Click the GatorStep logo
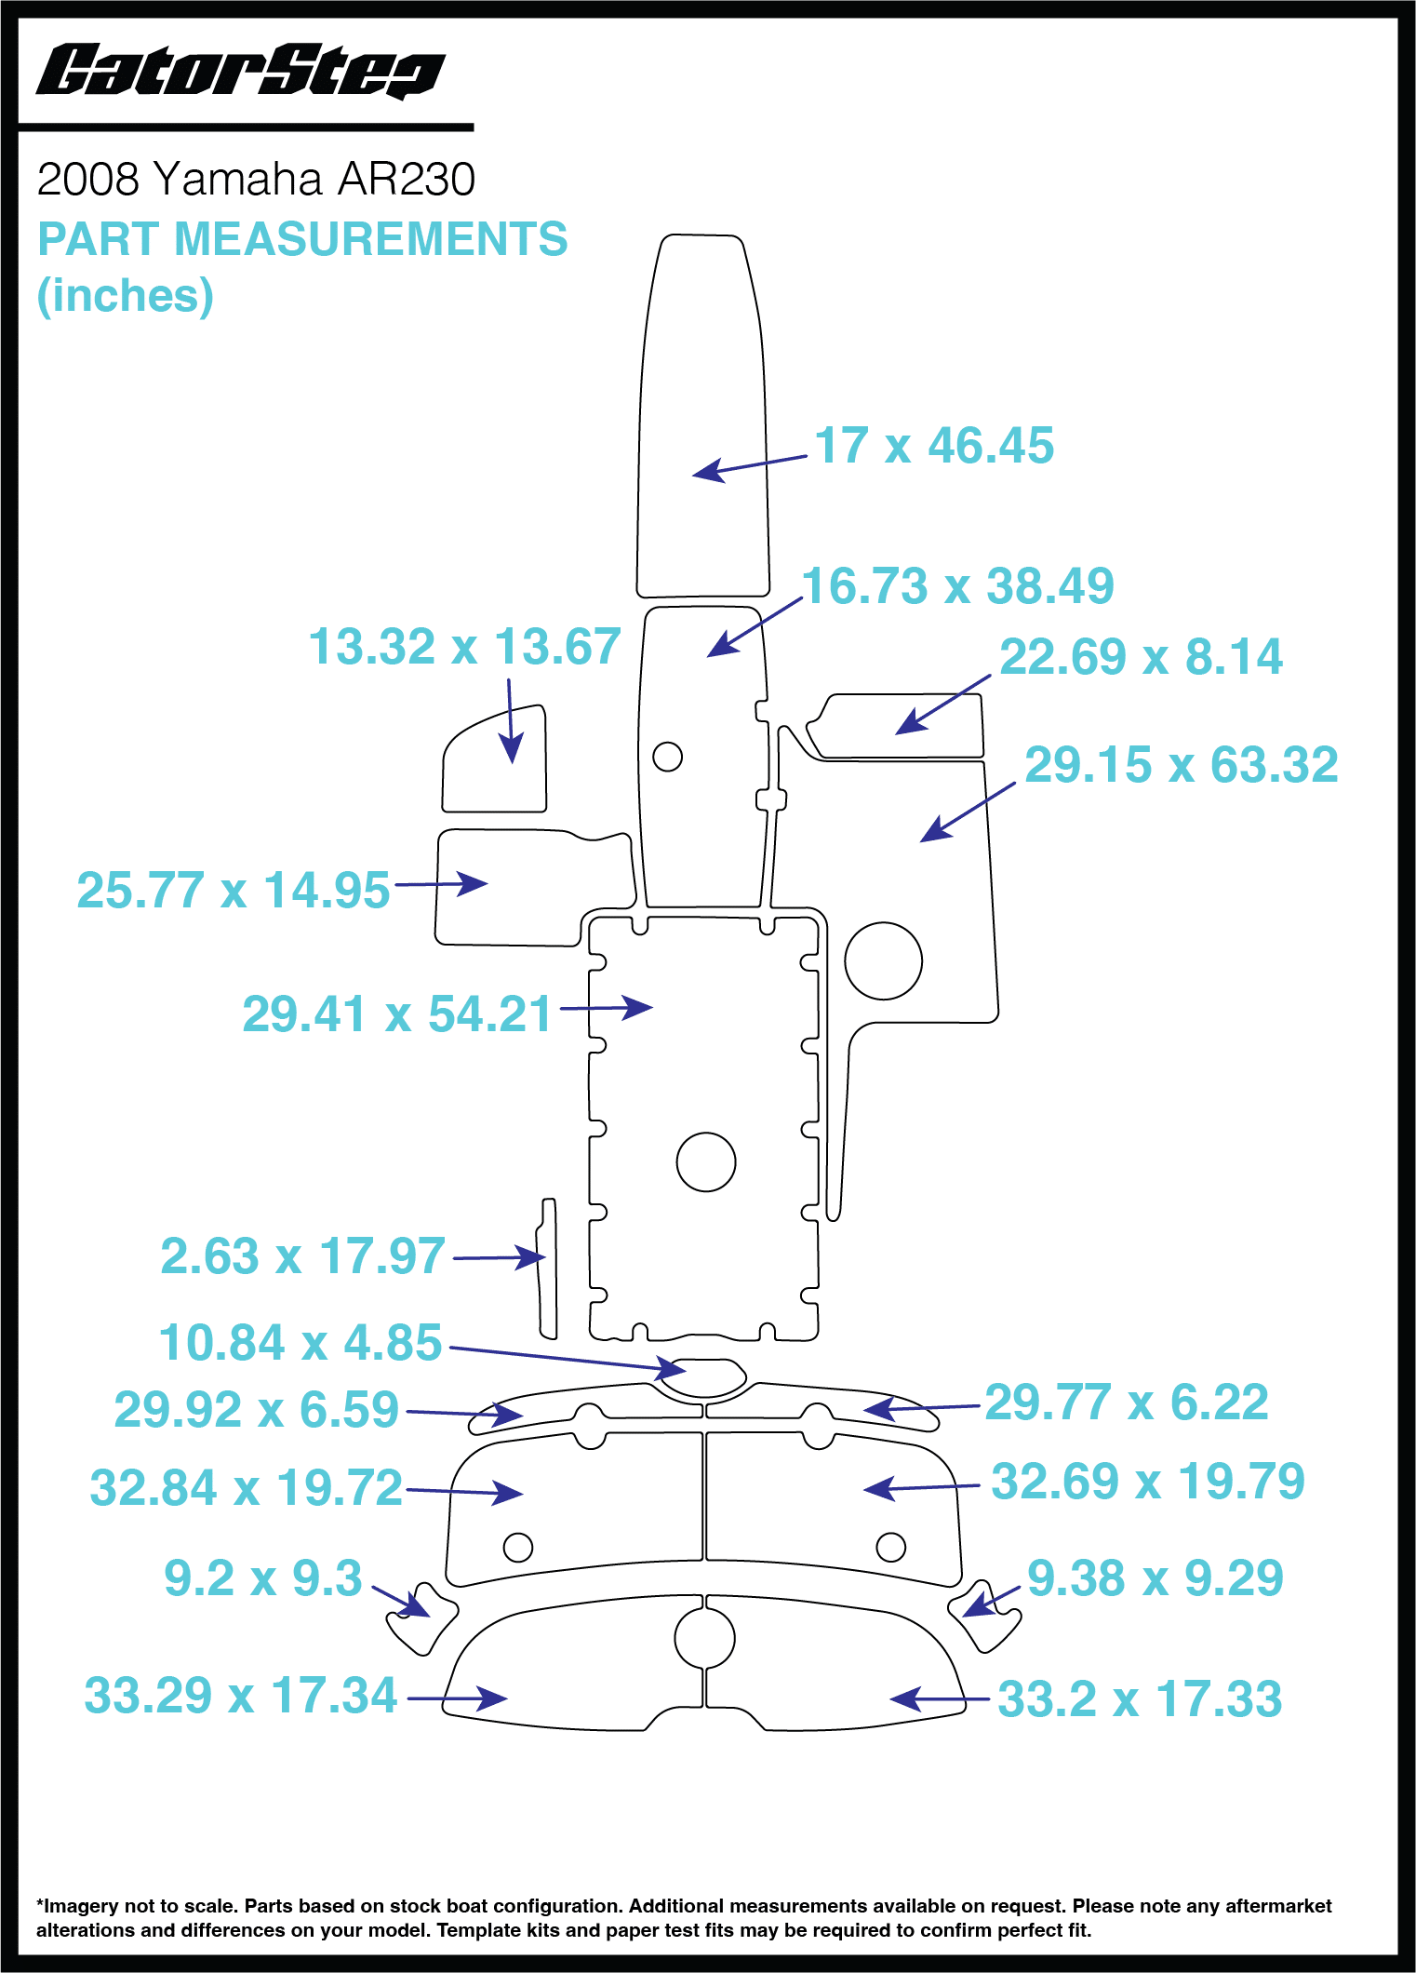pyautogui.click(x=240, y=71)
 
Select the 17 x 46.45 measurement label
pyautogui.click(x=934, y=446)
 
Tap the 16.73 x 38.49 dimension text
pyautogui.click(x=957, y=586)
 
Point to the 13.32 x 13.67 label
pyautogui.click(x=464, y=647)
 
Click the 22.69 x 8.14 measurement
pyautogui.click(x=1141, y=657)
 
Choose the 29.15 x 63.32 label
pyautogui.click(x=1182, y=765)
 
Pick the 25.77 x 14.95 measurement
pyautogui.click(x=233, y=891)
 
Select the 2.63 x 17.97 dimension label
pyautogui.click(x=302, y=1256)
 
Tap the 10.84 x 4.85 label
pyautogui.click(x=300, y=1343)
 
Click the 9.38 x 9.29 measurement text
pyautogui.click(x=1156, y=1578)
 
